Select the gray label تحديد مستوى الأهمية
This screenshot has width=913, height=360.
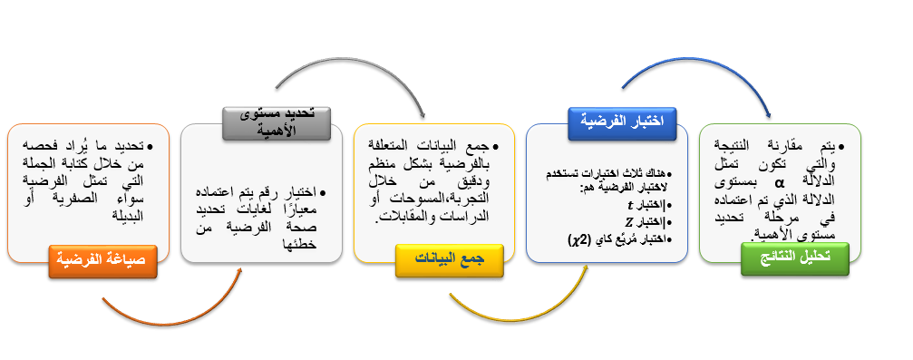(277, 123)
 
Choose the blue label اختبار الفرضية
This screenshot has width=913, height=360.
(622, 123)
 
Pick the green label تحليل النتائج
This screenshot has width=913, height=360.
(795, 258)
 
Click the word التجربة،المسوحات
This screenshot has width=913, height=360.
(441, 199)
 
